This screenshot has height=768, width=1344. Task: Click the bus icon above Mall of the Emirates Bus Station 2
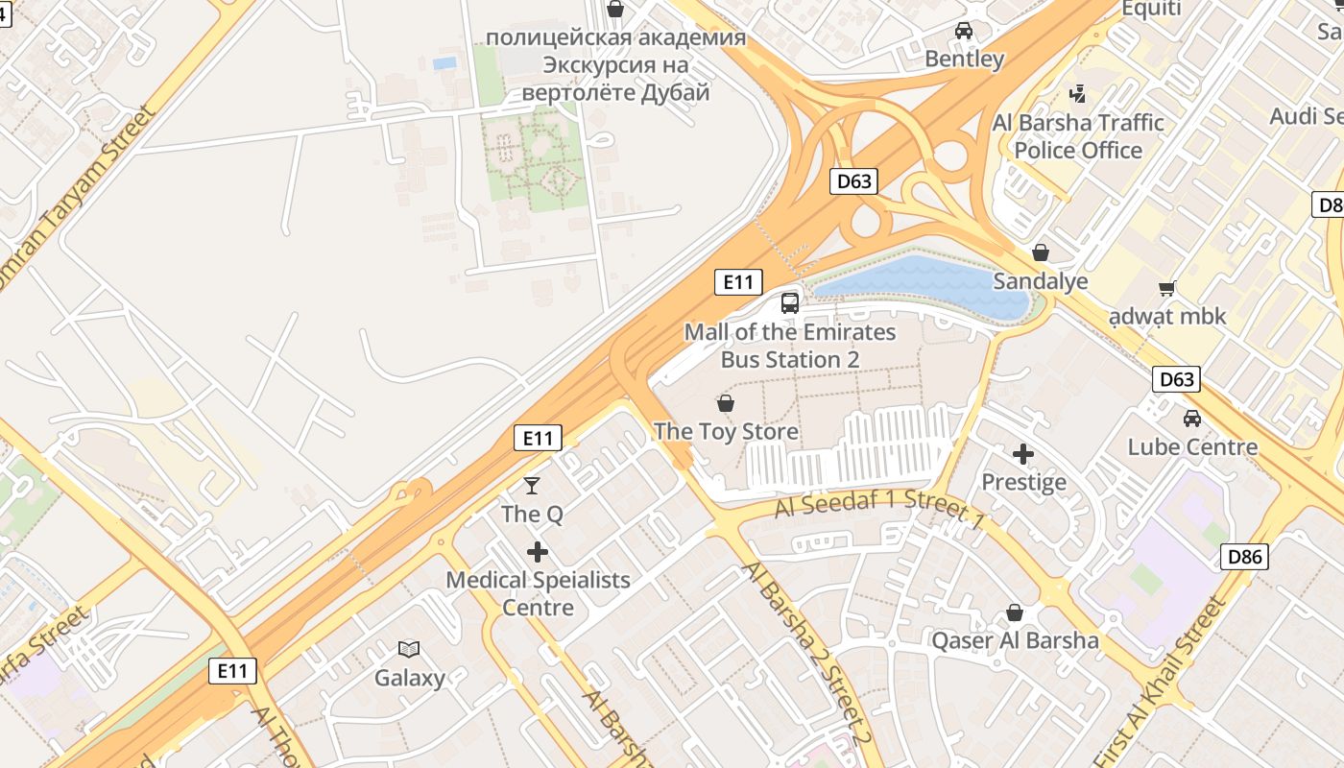tap(789, 303)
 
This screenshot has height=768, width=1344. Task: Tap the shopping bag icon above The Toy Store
tap(726, 403)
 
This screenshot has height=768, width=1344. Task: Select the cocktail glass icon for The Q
tap(532, 486)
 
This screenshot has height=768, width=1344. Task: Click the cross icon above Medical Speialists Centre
tap(538, 552)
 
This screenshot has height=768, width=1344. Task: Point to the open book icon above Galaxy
tap(409, 650)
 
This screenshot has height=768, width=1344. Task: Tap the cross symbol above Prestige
tap(1023, 453)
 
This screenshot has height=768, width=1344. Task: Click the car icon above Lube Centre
tap(1191, 419)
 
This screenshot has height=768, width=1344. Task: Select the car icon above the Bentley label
tap(964, 31)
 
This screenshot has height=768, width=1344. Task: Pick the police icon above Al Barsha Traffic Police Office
tap(1078, 94)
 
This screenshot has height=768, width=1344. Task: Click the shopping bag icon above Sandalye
tap(1040, 252)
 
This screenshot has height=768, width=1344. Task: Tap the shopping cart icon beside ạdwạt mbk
tap(1167, 288)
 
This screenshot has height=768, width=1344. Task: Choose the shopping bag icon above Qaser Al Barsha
tap(1015, 612)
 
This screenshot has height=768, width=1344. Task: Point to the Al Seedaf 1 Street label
tap(879, 509)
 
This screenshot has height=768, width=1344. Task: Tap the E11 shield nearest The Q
tap(538, 438)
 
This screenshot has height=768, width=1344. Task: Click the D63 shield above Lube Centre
tap(1176, 379)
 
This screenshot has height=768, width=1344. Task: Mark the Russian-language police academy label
tap(615, 65)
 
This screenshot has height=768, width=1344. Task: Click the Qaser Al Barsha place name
tap(1016, 640)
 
